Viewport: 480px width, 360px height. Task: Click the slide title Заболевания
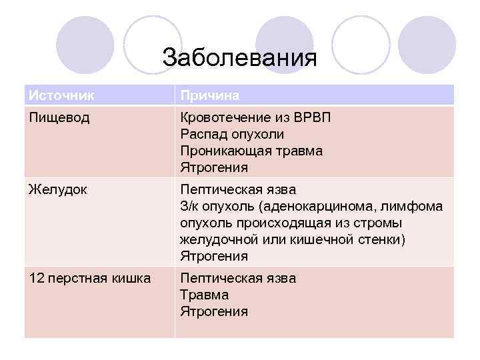[239, 57]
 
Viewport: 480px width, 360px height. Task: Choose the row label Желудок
[57, 189]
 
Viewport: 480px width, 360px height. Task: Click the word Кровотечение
[224, 117]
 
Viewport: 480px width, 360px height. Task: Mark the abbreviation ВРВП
[311, 117]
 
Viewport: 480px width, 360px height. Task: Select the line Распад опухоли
[231, 134]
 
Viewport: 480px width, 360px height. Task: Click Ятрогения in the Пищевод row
[213, 167]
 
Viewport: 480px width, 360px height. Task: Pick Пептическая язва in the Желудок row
[237, 190]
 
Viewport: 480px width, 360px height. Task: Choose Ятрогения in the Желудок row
[213, 256]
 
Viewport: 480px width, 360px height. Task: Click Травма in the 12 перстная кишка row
[204, 295]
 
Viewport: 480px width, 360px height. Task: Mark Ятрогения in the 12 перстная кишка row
[213, 311]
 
